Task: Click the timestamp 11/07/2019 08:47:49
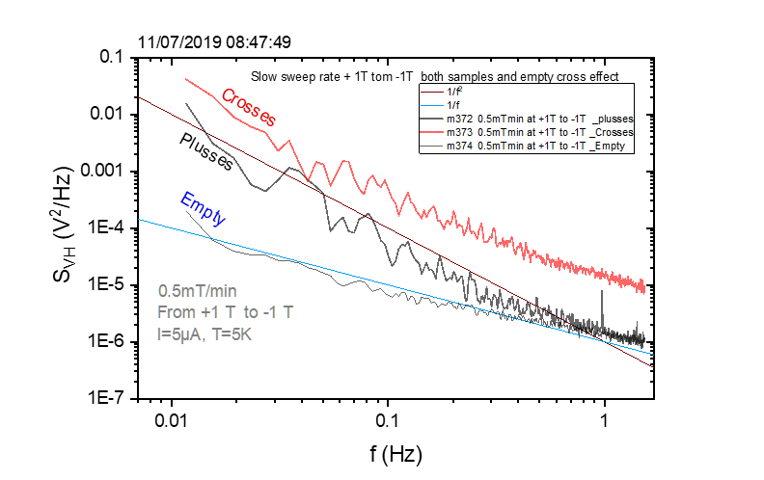coord(214,42)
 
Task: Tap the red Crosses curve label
coord(249,107)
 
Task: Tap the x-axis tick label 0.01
coord(172,420)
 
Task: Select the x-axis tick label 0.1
coord(388,420)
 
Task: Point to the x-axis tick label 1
coord(605,420)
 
